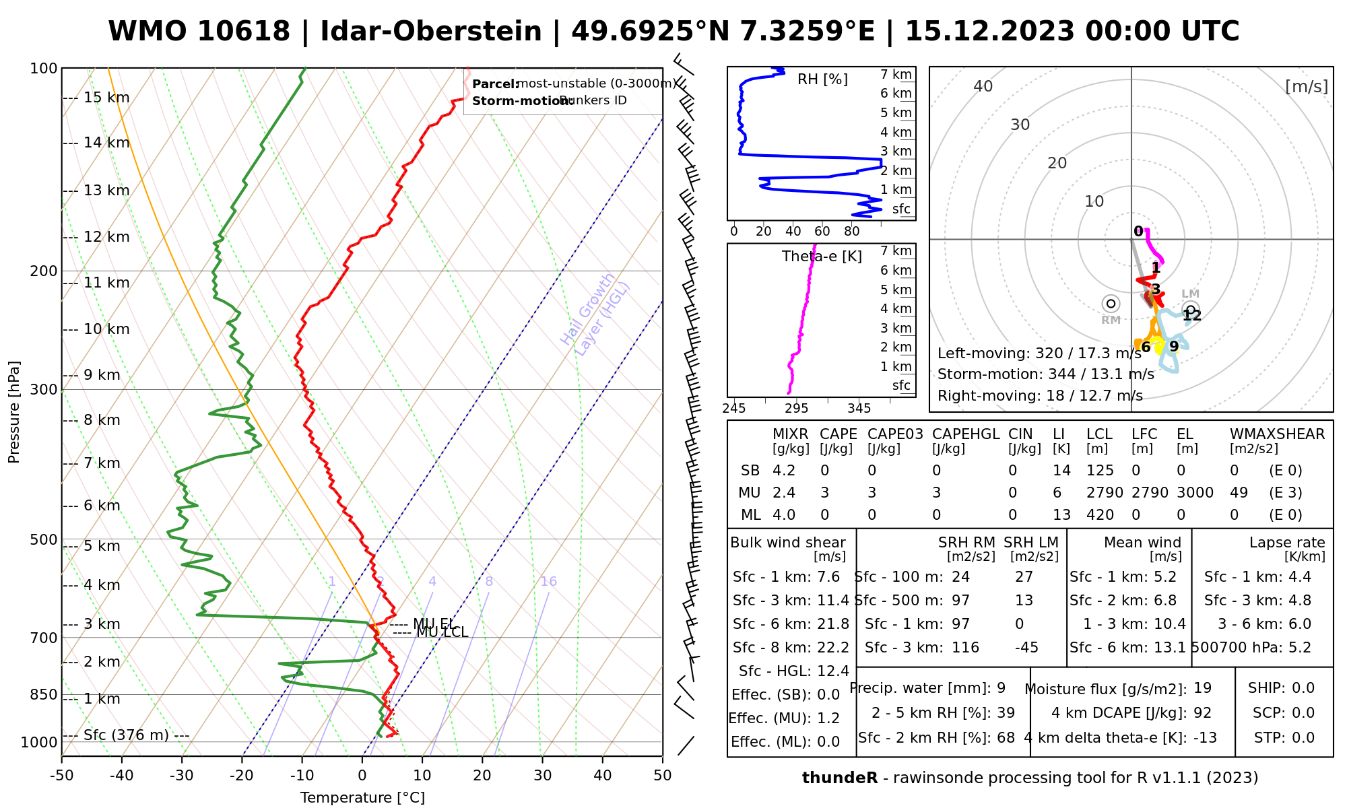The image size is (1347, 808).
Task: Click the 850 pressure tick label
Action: [44, 694]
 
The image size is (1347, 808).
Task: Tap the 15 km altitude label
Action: [106, 98]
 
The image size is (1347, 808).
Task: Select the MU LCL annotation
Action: [442, 632]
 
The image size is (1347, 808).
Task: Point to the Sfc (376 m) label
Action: [126, 735]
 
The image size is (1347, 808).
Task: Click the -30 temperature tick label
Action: [182, 775]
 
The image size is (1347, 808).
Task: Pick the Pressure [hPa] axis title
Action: [14, 412]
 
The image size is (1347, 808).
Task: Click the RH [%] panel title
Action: [822, 79]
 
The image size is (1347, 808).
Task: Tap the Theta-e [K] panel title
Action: [822, 257]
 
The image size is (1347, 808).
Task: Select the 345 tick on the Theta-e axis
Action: [859, 409]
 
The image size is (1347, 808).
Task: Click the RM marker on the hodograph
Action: [1111, 304]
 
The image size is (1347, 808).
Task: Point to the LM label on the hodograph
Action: [1190, 294]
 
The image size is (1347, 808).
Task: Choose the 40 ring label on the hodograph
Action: [983, 86]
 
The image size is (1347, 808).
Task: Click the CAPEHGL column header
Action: [966, 434]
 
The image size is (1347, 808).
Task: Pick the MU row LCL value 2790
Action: [1105, 493]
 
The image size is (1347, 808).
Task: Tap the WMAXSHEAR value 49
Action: [1239, 493]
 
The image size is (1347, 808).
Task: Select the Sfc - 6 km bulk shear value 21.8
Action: [833, 624]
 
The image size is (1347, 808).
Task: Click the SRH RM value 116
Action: [965, 648]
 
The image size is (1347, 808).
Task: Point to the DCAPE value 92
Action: [1202, 713]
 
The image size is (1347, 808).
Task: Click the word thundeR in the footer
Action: [839, 778]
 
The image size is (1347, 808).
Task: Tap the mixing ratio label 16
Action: [548, 582]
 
